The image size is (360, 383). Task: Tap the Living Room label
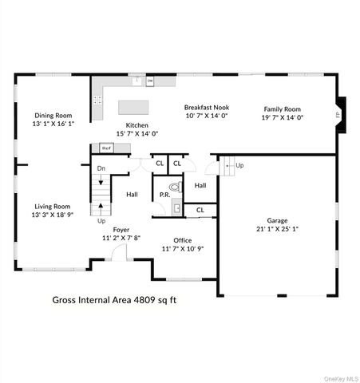tap(51, 206)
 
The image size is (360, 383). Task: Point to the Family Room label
tap(283, 109)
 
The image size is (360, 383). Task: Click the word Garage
tap(277, 220)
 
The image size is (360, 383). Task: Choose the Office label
tap(184, 240)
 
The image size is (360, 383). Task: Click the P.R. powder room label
tap(164, 195)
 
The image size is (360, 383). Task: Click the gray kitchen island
tap(139, 107)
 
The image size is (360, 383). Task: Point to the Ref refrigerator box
tap(105, 148)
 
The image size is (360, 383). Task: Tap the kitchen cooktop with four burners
tap(97, 101)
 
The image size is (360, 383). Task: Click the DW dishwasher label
tap(149, 81)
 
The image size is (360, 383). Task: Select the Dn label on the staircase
tap(101, 168)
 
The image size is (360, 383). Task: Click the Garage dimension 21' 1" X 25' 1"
tap(277, 230)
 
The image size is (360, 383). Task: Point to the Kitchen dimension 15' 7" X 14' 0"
tap(139, 134)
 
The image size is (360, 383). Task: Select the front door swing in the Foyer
tap(118, 253)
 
